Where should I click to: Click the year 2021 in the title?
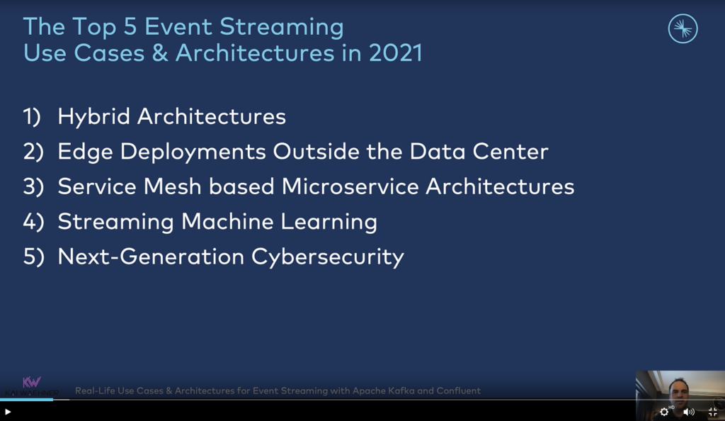pos(395,52)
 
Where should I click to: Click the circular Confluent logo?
pos(683,29)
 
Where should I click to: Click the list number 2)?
pos(33,152)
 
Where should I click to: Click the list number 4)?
pos(33,222)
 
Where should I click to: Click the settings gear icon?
pos(664,412)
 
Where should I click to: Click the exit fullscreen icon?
pos(713,412)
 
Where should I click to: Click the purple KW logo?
pos(31,382)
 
